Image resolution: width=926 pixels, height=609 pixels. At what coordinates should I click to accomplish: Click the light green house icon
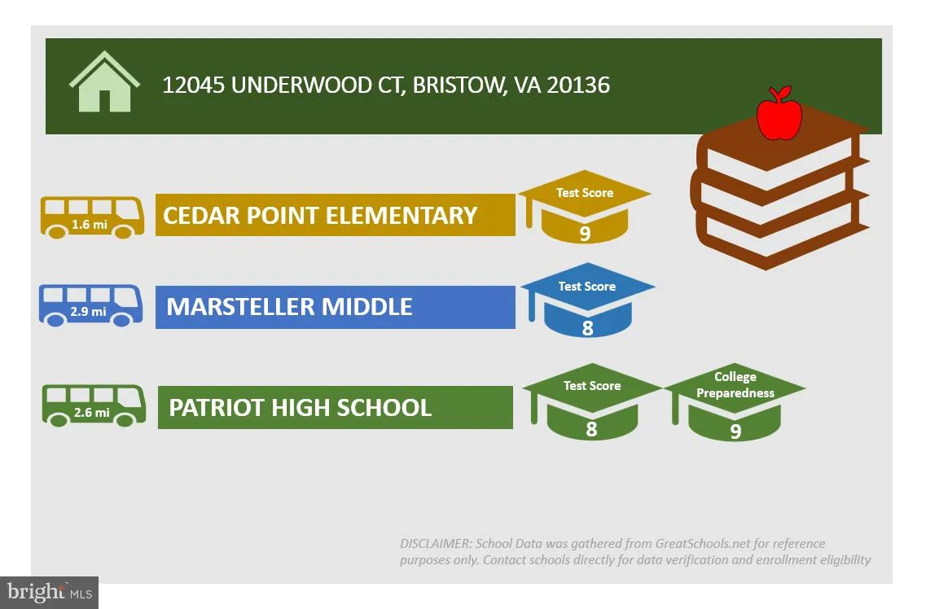pos(104,81)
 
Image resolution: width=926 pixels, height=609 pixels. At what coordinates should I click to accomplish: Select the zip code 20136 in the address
pos(578,85)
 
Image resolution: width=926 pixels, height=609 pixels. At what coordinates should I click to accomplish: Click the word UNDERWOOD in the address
pos(301,85)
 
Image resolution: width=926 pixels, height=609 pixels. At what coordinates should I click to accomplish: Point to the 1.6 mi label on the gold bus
pos(90,224)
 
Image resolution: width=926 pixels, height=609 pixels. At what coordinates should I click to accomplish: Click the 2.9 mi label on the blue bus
pos(89,311)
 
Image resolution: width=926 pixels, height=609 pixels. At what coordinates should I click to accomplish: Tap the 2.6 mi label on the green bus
pos(91,413)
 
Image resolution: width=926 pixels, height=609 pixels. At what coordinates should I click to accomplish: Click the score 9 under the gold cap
pos(585,234)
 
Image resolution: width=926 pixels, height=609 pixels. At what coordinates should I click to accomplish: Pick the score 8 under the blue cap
pos(588,328)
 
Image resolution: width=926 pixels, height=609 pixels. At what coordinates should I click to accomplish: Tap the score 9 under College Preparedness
pos(735,432)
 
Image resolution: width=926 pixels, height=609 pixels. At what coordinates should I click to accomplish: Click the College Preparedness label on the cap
pos(735,385)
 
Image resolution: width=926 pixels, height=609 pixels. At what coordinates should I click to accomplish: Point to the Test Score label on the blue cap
pos(587,287)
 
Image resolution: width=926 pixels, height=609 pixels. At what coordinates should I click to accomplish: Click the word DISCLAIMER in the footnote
pos(436,544)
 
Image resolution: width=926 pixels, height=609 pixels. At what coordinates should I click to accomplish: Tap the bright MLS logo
pos(50,593)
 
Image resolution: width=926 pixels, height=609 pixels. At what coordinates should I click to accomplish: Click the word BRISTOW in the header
pos(459,85)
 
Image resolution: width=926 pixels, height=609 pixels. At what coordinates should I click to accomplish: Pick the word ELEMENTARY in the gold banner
pos(402,216)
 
